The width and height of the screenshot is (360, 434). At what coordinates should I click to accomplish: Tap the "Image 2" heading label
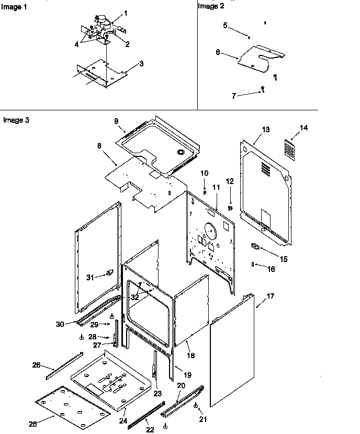coord(211,6)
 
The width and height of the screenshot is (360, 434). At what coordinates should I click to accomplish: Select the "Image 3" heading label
coord(16,120)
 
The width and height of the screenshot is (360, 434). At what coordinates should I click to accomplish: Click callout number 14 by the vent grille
coord(304,128)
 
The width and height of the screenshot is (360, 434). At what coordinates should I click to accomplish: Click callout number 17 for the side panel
coord(270,296)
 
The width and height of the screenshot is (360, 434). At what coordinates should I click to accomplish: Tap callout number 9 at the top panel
coord(116,121)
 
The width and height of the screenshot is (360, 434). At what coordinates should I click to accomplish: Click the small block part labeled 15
coord(256,246)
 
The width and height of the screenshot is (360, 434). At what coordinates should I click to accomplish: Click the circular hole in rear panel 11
coord(210,231)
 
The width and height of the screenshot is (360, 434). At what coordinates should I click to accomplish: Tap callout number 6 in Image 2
coord(218,52)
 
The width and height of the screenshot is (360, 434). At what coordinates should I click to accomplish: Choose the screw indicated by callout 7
coord(264,90)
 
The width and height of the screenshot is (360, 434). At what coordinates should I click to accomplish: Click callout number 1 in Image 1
coord(124,12)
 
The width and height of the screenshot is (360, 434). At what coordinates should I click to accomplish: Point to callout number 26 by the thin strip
coord(37,365)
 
